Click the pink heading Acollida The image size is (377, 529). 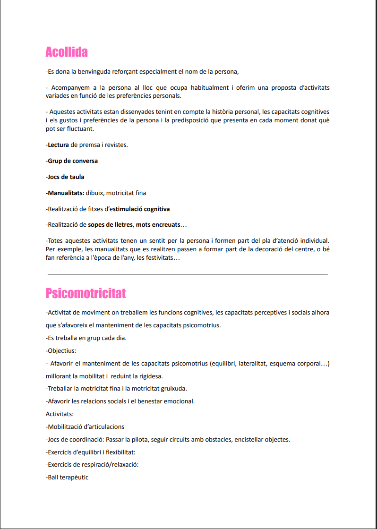click(x=67, y=52)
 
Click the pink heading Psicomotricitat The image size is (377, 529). click(x=86, y=293)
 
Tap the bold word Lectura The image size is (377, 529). click(x=58, y=145)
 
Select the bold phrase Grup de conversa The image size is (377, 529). click(x=73, y=161)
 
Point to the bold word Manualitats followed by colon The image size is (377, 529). click(x=66, y=193)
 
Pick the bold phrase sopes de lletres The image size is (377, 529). click(x=110, y=225)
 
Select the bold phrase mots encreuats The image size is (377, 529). click(x=158, y=225)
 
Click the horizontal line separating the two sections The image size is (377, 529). click(x=188, y=274)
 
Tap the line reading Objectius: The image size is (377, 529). click(x=61, y=351)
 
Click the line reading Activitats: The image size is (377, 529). click(x=60, y=414)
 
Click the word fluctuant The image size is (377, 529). click(x=80, y=129)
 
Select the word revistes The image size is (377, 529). click(x=114, y=145)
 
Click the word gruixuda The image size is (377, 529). click(x=171, y=389)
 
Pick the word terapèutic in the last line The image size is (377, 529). click(x=74, y=478)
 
